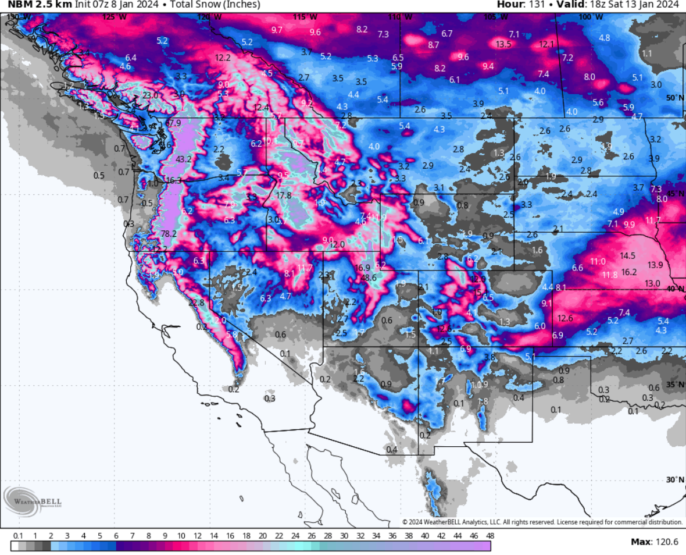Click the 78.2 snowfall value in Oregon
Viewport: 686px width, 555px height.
pos(169,234)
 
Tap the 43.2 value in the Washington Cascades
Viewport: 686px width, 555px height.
pos(184,159)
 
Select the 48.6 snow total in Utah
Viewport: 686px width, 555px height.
pos(369,278)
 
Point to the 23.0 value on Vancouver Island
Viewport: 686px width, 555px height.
pos(150,96)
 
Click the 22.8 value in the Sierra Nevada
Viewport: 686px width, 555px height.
pos(196,303)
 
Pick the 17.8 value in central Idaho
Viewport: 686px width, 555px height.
pos(284,196)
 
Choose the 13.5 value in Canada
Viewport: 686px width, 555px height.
pos(503,44)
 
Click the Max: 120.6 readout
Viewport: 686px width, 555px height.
pos(654,542)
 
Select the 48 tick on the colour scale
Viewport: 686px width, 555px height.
pos(490,535)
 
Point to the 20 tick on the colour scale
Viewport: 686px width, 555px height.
pos(262,535)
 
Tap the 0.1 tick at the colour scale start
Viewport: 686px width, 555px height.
pos(18,535)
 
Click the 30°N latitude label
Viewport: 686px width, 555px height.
pos(674,479)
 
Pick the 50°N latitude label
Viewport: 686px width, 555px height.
pos(674,98)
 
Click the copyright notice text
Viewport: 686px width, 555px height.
pos(542,522)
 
